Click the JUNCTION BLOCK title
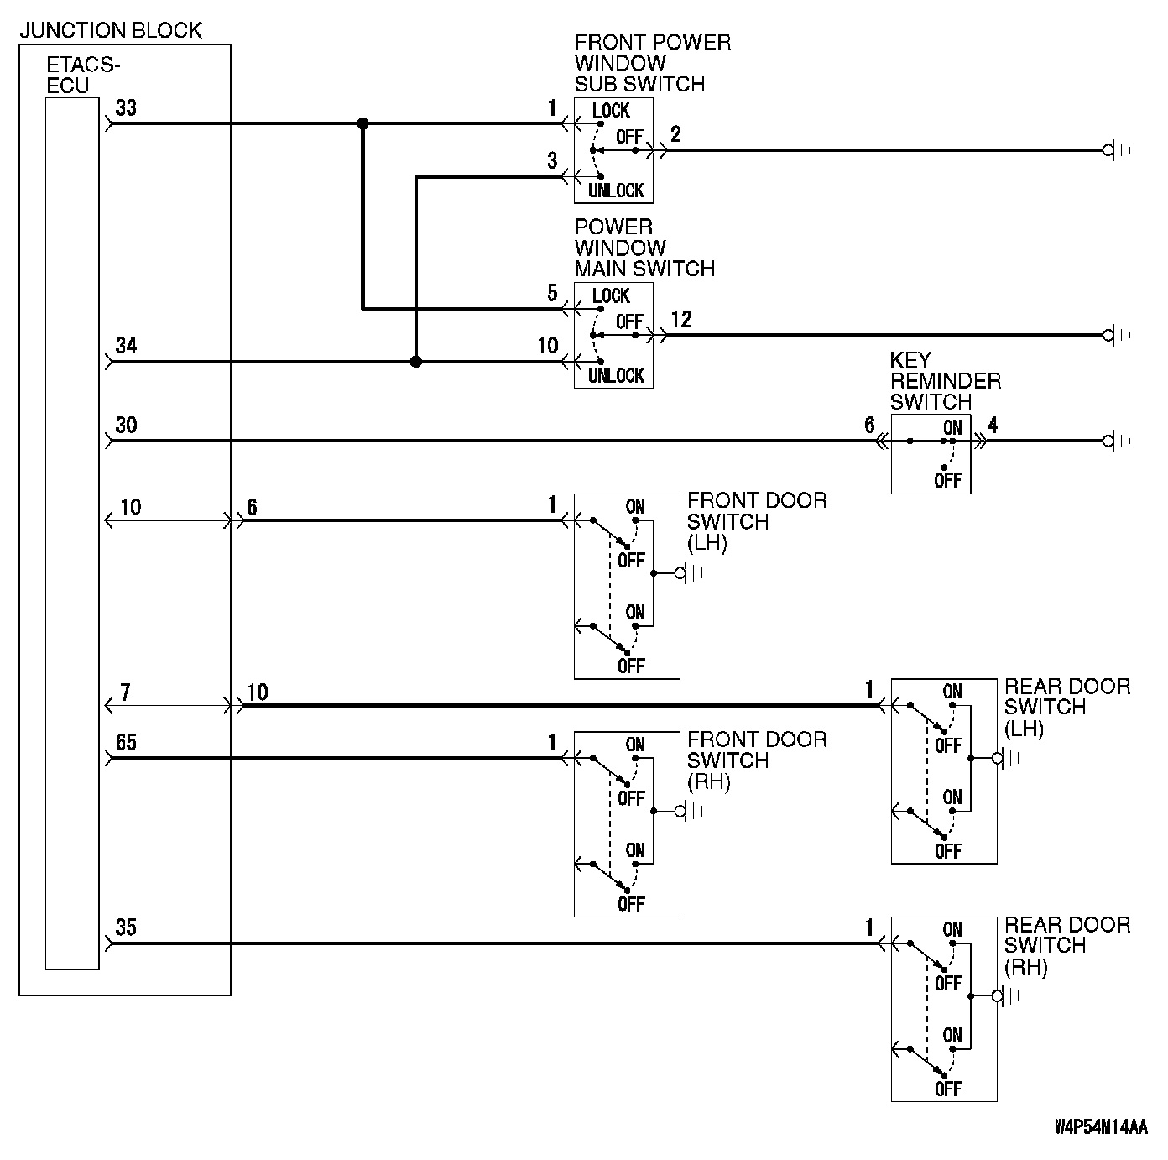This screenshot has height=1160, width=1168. coord(111,31)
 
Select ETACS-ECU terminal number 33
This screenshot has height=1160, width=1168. coord(126,108)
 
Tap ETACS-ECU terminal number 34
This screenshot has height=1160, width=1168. coord(126,346)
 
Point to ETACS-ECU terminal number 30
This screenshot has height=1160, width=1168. coord(126,425)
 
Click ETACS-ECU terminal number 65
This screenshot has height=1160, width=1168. coord(126,743)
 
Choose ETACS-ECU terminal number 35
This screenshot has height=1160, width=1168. coord(126,928)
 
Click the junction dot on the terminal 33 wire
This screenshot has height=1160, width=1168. coord(362,124)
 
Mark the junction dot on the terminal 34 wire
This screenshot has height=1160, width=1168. coord(415,362)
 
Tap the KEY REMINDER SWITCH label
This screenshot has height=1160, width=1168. coord(945,381)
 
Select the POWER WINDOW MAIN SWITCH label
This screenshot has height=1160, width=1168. coord(644,248)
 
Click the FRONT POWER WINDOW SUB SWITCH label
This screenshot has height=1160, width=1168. coord(652,63)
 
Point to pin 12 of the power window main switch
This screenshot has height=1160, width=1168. coord(681,321)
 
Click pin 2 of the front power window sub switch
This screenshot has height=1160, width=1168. coord(675,135)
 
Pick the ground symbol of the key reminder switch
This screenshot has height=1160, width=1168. coord(1116,441)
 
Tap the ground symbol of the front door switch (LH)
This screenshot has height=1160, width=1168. coord(689,573)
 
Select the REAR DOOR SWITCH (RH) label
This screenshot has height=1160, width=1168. coord(1066,946)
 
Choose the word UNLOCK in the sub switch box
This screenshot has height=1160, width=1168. coord(615,191)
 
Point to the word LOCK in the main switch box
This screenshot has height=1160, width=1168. coord(611,295)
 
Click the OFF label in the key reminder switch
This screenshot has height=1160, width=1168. coord(947,481)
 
